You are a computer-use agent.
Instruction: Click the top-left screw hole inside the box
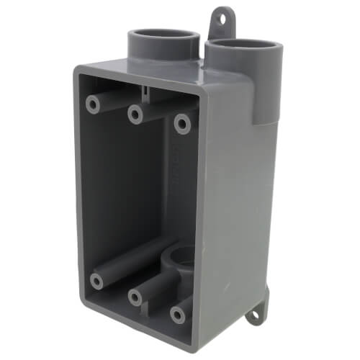[93, 104]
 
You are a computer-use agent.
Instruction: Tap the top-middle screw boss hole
[135, 113]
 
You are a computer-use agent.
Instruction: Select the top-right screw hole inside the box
[183, 124]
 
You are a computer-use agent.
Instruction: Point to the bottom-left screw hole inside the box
[96, 280]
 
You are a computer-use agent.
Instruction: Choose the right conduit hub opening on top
[240, 45]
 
